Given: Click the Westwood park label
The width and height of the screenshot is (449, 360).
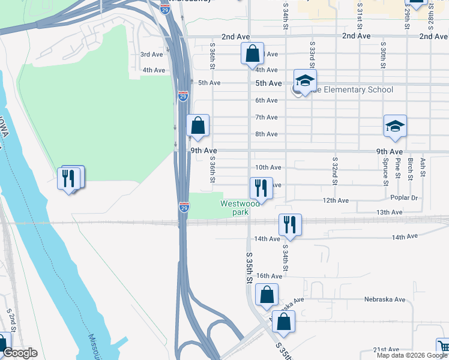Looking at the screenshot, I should (x=240, y=208).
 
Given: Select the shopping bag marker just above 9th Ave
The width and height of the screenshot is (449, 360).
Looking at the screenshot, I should (x=198, y=125).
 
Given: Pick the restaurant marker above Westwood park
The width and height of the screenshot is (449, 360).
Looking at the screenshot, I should (x=261, y=188).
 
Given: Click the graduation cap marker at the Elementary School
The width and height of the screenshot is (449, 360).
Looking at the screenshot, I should (x=305, y=80).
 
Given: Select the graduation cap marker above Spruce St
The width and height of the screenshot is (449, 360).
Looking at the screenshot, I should (x=395, y=126).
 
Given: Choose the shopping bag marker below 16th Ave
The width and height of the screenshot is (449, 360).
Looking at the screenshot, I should (x=267, y=295).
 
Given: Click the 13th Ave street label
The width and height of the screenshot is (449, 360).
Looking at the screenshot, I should (x=389, y=212).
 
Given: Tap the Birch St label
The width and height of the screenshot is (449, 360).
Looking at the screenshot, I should (x=411, y=168).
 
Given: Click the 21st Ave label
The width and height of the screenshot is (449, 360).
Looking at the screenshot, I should (x=386, y=349).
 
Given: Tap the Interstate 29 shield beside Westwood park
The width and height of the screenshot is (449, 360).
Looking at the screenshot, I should (x=184, y=207).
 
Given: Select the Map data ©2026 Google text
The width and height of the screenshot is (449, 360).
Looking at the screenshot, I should (x=411, y=355).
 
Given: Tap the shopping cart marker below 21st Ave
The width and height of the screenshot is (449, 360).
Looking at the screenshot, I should (x=443, y=347).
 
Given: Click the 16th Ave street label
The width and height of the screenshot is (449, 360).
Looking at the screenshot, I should (x=269, y=276).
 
